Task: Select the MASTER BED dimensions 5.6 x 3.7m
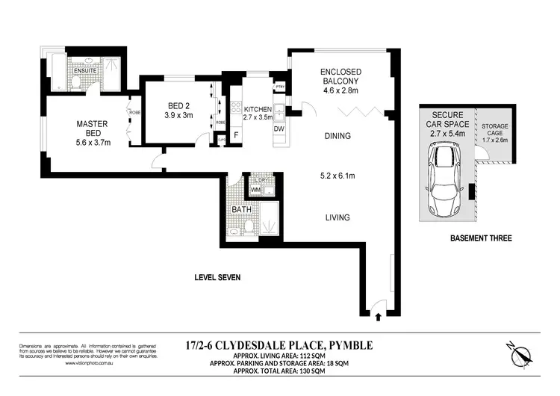click(93, 142)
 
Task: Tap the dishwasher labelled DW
click(279, 129)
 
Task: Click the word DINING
click(338, 136)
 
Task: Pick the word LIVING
click(337, 217)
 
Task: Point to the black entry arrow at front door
click(379, 316)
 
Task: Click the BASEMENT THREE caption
click(480, 238)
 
